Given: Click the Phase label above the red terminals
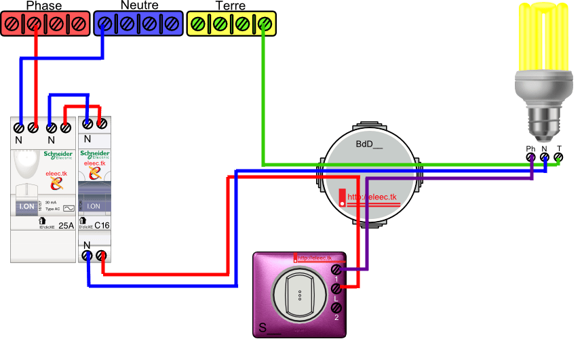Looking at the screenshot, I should point(43,6).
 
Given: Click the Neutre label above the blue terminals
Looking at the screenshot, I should point(139,5).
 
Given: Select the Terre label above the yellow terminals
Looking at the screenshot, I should point(230,6).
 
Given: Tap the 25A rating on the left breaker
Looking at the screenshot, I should point(66,225).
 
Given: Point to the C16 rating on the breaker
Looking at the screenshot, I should point(101,225).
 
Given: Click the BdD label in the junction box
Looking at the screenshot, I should point(369,144).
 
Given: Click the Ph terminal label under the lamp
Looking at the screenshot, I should point(530,148).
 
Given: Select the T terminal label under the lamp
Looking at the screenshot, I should point(559,148).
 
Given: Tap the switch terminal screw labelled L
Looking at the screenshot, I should point(335,289).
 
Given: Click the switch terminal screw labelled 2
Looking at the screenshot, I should point(335,308).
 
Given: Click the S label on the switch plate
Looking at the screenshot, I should point(262,329).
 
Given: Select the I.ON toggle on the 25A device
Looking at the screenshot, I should point(26,206).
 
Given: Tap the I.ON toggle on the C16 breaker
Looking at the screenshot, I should point(94,206).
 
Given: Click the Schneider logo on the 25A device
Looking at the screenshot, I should point(58,155).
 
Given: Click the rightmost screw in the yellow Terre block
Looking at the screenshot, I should point(265,24).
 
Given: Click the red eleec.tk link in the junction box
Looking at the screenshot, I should point(371,198).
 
